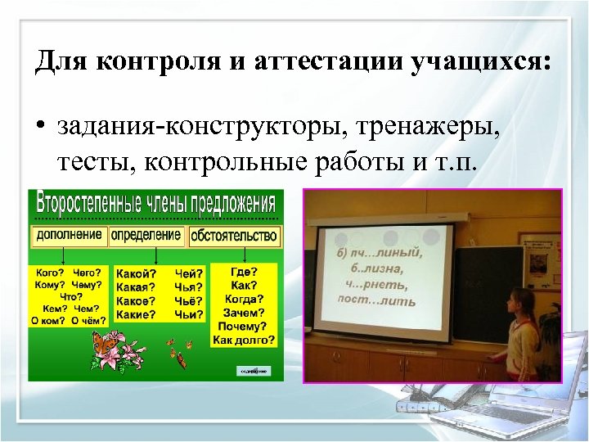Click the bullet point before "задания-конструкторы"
pyautogui.click(x=39, y=129)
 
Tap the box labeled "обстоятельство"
pyautogui.click(x=234, y=237)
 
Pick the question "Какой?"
pyautogui.click(x=136, y=274)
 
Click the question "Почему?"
pyautogui.click(x=244, y=326)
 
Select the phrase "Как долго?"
pyautogui.click(x=244, y=339)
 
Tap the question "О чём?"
pyautogui.click(x=88, y=321)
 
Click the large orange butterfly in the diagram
pyautogui.click(x=104, y=343)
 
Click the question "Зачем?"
pyautogui.click(x=244, y=313)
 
